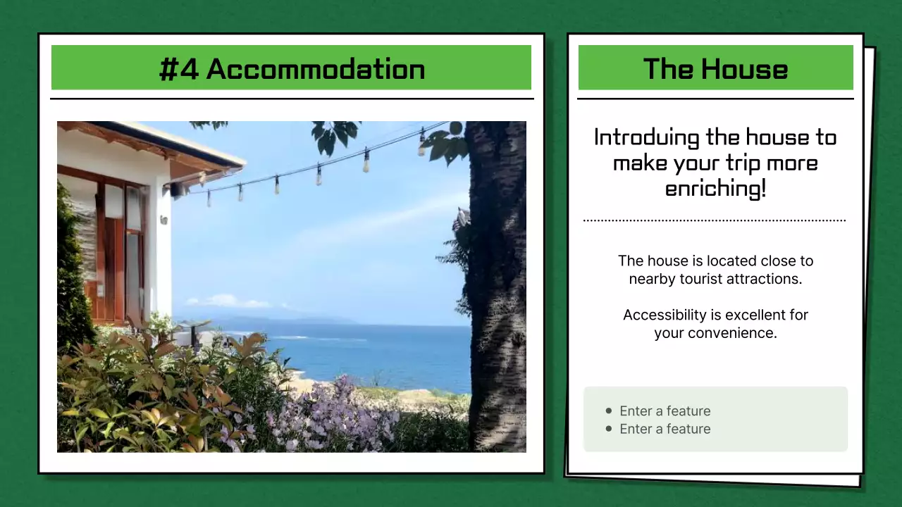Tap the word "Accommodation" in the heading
click(x=316, y=69)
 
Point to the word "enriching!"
click(x=715, y=189)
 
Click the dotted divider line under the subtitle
click(x=715, y=220)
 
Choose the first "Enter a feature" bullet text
click(x=665, y=411)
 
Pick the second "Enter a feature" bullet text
click(x=665, y=429)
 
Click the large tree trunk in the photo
click(x=497, y=282)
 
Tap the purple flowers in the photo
click(x=331, y=415)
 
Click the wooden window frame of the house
click(x=113, y=246)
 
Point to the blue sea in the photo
click(x=381, y=352)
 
